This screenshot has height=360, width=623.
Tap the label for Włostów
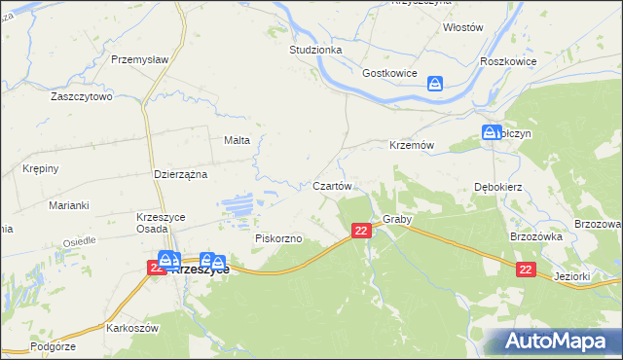[x=462, y=28]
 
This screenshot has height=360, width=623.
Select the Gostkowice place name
[x=389, y=74]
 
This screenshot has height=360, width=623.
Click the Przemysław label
[x=140, y=59]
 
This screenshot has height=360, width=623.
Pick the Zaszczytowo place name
[x=83, y=97]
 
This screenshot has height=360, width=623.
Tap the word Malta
[x=238, y=140]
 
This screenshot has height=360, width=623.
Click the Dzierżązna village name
[x=182, y=174]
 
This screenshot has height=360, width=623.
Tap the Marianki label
[x=69, y=205]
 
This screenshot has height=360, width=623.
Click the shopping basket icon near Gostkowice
[x=435, y=85]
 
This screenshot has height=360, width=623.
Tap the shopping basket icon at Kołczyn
[x=490, y=133]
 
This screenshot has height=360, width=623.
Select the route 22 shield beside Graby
[x=361, y=231]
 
